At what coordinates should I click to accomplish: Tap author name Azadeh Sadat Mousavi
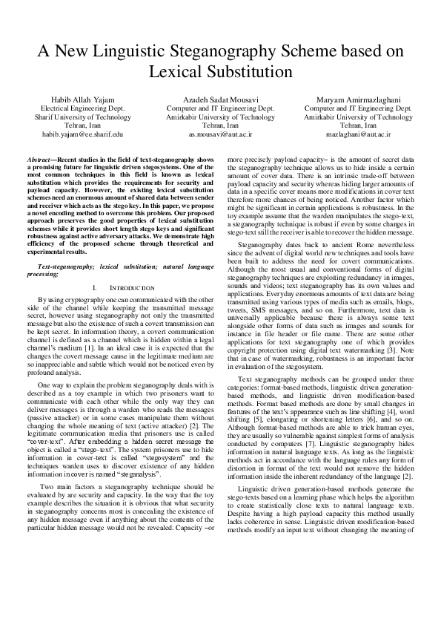coord(221,99)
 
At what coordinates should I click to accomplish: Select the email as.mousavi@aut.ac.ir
coord(221,134)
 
